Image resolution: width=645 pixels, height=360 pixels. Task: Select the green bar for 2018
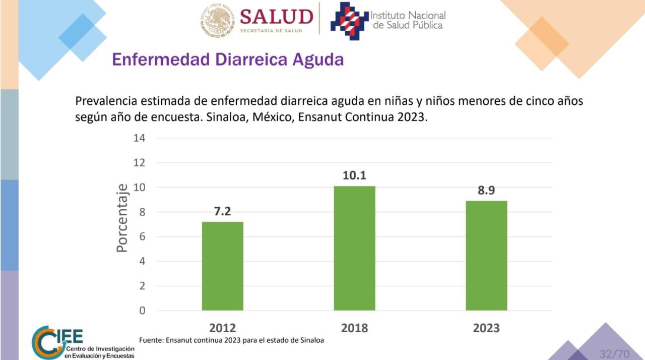pos(354,248)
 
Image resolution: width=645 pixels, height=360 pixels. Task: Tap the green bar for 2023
pos(486,255)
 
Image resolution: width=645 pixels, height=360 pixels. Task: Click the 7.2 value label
pos(222,212)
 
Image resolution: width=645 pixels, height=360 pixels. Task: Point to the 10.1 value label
pos(354,175)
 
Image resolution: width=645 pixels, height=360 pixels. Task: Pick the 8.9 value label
pos(486,191)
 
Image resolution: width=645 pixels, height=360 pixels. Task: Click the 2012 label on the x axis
pos(222,328)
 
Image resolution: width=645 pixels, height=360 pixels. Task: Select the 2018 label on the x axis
pos(354,328)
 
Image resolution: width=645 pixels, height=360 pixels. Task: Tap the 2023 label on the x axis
pos(486,328)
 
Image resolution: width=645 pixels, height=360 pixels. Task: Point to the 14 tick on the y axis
pos(139,138)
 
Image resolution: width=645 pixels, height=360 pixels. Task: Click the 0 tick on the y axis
pos(142,311)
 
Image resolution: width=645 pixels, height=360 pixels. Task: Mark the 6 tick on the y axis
pos(142,236)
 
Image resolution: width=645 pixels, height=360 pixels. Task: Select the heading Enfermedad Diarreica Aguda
pos(228,59)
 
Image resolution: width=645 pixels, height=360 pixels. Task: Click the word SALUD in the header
pos(276,17)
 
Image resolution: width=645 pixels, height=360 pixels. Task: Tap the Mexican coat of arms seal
pos(216,21)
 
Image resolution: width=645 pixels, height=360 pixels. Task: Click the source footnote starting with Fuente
pos(231,340)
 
